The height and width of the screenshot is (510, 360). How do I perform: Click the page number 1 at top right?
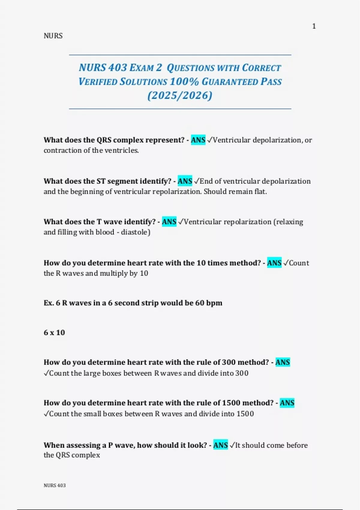pos(314,26)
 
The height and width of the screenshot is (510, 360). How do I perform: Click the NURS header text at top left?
pos(53,36)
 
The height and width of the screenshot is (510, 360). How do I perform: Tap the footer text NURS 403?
pos(55,485)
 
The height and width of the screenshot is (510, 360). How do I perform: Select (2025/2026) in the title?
pos(180,95)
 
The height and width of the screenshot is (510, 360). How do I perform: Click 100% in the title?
pos(184,82)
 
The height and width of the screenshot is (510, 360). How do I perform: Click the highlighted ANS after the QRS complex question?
pos(198,140)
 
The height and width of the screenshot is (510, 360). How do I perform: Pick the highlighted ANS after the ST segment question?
pos(185,181)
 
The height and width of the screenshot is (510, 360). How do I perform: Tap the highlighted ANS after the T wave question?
pos(169,222)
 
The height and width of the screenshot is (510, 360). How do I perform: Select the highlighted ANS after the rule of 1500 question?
pos(287,403)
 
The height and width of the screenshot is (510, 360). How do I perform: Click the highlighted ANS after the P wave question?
pos(220,445)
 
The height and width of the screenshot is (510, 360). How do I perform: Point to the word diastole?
pos(134,232)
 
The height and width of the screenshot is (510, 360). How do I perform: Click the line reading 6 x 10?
pos(54,332)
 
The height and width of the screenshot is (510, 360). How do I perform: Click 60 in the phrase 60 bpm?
pos(200,303)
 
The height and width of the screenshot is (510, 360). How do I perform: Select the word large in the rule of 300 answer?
pos(92,373)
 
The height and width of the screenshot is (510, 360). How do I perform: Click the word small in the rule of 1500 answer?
pos(92,414)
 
